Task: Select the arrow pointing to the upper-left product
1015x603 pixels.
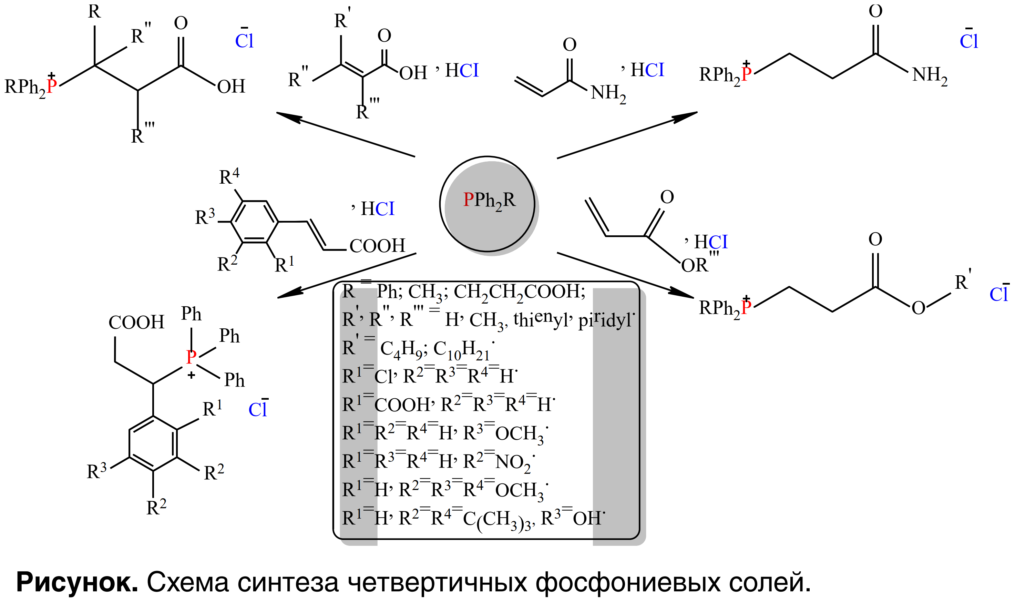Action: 345,134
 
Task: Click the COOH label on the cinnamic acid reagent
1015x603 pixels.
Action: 377,246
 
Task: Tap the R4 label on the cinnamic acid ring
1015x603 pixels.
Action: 229,177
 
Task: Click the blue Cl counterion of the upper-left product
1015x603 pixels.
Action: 244,41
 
